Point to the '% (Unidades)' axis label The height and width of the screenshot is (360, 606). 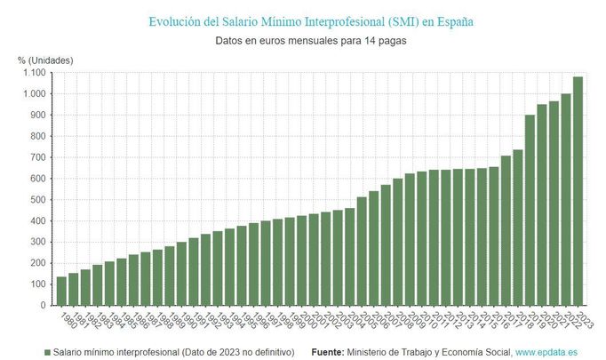pos(45,60)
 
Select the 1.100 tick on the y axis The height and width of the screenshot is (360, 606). pos(33,73)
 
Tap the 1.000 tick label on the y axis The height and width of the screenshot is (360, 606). pos(33,94)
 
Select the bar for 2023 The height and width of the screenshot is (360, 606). pos(578,191)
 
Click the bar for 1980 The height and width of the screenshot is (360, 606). pos(62,292)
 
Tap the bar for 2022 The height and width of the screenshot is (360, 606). pos(566,200)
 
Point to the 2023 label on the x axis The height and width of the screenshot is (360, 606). pos(581,317)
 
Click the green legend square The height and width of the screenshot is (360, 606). pos(47,353)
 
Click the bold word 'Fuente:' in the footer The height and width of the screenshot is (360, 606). pos(328,353)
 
